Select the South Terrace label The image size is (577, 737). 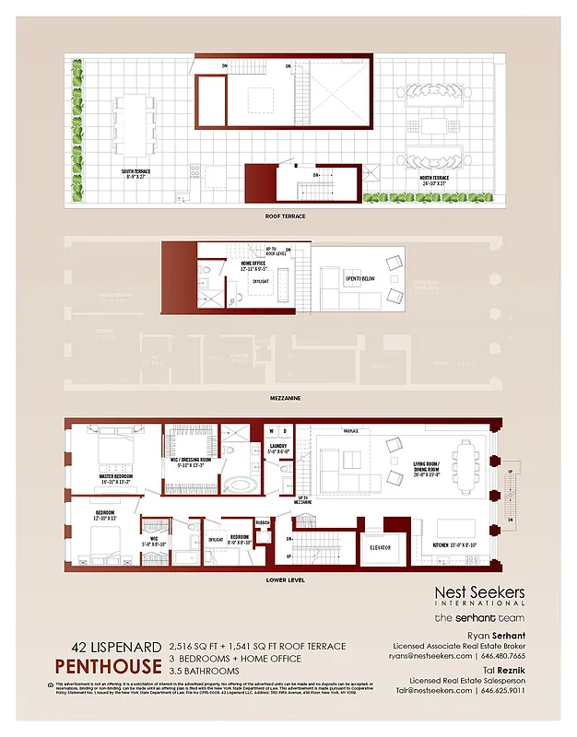coord(140,173)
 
